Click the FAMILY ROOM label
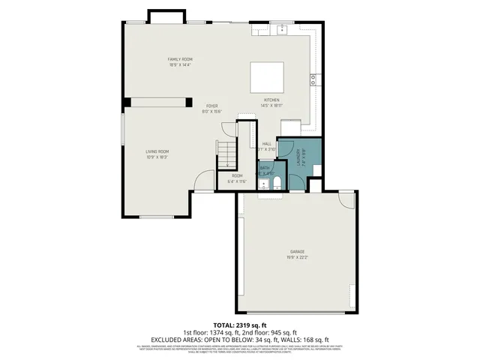pos(180,59)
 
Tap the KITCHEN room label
pos(271,100)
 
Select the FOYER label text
pos(212,106)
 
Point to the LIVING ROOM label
pos(157,151)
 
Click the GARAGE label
pos(298,251)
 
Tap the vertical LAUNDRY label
pos(298,157)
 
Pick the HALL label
pos(266,143)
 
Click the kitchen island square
pos(268,77)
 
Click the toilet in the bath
pos(276,184)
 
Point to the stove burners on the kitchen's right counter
pos(312,79)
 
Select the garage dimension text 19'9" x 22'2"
pos(298,257)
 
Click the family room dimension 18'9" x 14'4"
pos(180,65)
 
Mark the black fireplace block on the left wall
pos(127,101)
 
